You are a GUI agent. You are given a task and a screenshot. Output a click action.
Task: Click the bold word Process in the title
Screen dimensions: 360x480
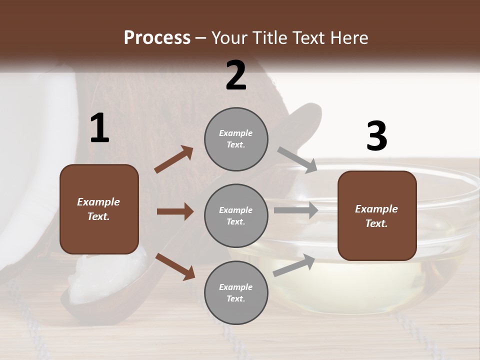click(x=157, y=37)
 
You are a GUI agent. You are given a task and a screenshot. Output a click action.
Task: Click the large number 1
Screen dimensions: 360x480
click(x=99, y=128)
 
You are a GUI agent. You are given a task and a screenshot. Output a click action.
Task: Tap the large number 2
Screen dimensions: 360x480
click(x=236, y=75)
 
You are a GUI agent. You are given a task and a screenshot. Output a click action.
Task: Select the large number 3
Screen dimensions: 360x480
click(x=376, y=136)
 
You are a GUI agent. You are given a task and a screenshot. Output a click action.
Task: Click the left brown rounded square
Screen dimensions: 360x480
click(x=99, y=209)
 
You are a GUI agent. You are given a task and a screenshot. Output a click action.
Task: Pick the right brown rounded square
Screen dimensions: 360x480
click(x=377, y=216)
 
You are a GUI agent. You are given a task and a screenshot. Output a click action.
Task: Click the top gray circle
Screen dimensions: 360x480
click(x=236, y=139)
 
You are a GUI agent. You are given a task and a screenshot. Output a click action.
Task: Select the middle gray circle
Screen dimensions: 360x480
click(x=236, y=216)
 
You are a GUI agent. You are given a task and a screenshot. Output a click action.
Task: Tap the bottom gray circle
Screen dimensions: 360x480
click(x=236, y=293)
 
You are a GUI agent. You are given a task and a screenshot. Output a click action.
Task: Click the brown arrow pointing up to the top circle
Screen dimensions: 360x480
click(x=174, y=159)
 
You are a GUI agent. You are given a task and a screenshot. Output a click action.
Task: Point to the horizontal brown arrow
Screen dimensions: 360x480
click(x=175, y=211)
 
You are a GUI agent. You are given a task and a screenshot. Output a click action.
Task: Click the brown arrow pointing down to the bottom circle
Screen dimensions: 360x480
click(x=175, y=266)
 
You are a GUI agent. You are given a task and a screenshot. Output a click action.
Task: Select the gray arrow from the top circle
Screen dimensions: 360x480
click(x=297, y=160)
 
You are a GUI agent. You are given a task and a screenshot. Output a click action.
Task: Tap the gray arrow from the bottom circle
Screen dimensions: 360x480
click(x=294, y=265)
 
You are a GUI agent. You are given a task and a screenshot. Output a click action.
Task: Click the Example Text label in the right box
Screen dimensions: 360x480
click(x=376, y=216)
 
